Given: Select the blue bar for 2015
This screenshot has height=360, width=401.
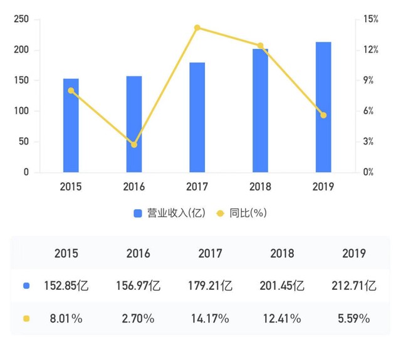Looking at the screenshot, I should (71, 125).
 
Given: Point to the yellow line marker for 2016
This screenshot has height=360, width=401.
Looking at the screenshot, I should (134, 145).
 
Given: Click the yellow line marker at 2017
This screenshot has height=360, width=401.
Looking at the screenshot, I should (197, 28).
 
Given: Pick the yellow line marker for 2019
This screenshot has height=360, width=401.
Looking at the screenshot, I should (323, 115).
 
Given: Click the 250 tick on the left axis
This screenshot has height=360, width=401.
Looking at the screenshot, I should (22, 19).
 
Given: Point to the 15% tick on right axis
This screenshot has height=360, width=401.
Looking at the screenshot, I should (371, 19).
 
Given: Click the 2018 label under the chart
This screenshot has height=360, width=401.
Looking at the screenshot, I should (260, 187).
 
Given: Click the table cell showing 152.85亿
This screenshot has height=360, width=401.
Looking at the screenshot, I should (66, 286).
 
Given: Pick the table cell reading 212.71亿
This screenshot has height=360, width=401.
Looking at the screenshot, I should (354, 286).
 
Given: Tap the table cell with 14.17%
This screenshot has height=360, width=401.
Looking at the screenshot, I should (210, 319).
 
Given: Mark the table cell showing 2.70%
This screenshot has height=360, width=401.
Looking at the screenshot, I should (138, 319).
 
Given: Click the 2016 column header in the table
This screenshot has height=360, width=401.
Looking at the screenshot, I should (138, 254).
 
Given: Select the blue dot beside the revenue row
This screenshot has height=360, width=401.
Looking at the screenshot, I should (26, 286).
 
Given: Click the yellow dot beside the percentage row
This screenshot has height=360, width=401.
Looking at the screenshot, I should (26, 319).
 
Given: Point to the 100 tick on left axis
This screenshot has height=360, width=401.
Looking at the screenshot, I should (22, 111).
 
